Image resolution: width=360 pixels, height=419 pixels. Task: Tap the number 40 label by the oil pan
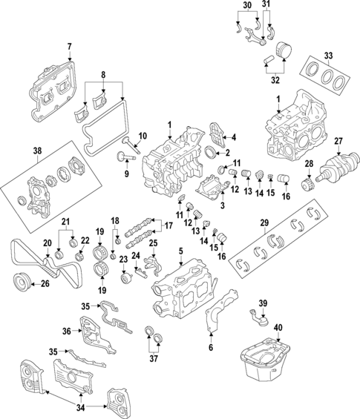point(278,328)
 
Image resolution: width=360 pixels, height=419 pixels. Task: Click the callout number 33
point(329,55)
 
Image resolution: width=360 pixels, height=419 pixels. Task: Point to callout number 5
point(180,252)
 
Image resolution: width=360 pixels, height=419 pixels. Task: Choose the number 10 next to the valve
point(143,136)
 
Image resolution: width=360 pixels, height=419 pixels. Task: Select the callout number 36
point(66,331)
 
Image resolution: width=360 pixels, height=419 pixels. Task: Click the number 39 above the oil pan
point(262,303)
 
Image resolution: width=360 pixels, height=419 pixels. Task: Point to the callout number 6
point(210,348)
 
